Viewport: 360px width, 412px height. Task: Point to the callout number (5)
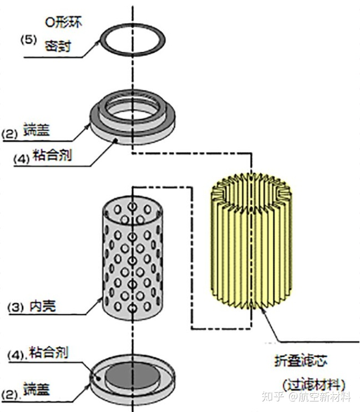pos(28,40)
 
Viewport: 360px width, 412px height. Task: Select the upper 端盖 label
pos(37,132)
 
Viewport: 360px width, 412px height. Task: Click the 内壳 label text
pos(43,306)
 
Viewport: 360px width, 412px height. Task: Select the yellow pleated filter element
pos(250,244)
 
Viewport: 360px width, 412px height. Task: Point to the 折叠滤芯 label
pos(302,362)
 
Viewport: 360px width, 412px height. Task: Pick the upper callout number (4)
pos(20,157)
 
